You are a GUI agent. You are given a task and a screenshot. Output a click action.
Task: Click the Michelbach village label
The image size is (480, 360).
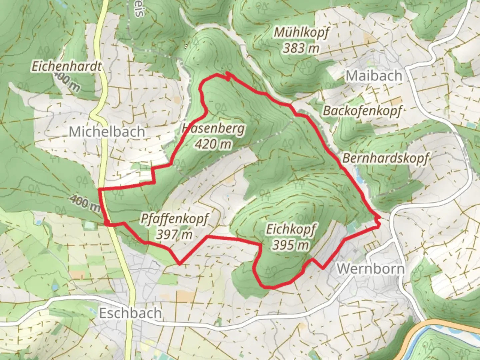coord(107,132)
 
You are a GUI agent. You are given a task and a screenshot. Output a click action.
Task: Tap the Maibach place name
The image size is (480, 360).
coord(374,76)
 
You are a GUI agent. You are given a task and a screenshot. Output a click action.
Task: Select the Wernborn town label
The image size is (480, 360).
coord(370,269)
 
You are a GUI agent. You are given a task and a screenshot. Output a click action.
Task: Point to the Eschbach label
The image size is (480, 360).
coord(130,313)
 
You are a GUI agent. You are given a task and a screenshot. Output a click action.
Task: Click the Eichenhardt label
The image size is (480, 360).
coord(66,66)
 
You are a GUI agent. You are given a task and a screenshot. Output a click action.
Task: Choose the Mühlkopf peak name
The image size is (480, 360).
coord(301,33)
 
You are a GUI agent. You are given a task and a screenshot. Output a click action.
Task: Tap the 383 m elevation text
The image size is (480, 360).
coord(301,49)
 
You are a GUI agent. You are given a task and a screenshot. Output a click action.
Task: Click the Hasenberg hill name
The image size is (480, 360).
coord(213,129)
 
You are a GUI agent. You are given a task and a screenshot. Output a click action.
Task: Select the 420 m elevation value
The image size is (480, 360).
coord(213,144)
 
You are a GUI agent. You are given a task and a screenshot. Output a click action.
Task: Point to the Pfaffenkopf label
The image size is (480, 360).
coord(174,219)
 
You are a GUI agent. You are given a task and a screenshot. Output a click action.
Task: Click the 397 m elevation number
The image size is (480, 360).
coord(174,235)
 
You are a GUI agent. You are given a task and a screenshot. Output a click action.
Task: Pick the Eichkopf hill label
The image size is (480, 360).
coord(291,229)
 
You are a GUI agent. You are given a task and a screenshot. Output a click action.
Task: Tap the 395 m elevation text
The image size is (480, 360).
coord(290,245)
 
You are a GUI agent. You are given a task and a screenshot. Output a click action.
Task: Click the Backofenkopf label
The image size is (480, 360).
coord(362,111)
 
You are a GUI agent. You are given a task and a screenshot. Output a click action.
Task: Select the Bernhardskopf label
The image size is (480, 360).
coord(385,158)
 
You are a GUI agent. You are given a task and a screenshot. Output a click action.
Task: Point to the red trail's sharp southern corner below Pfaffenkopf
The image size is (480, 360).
coord(179,264)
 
